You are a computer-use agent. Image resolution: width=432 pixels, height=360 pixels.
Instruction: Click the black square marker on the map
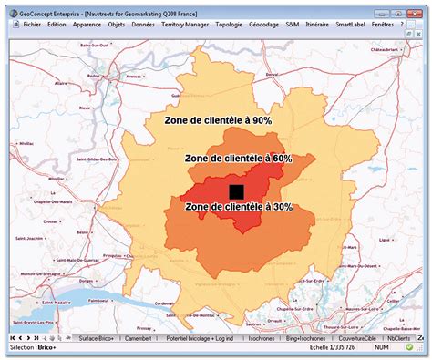click(237, 190)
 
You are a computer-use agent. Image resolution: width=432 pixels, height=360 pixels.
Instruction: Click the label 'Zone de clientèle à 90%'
click(218, 119)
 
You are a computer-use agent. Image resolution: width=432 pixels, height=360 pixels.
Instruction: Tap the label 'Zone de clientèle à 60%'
click(238, 158)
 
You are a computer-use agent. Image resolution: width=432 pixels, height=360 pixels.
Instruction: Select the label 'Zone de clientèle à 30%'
click(238, 207)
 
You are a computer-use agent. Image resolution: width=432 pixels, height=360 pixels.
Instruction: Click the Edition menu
click(57, 25)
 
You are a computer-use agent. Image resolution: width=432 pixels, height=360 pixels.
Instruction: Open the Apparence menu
click(87, 25)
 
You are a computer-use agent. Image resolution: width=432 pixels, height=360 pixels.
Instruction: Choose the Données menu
click(143, 25)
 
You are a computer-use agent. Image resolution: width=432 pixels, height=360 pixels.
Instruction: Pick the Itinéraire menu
click(317, 25)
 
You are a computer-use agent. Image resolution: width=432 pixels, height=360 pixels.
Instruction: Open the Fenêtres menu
click(386, 25)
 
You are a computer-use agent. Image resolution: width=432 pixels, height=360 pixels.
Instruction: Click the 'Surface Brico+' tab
click(97, 337)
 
